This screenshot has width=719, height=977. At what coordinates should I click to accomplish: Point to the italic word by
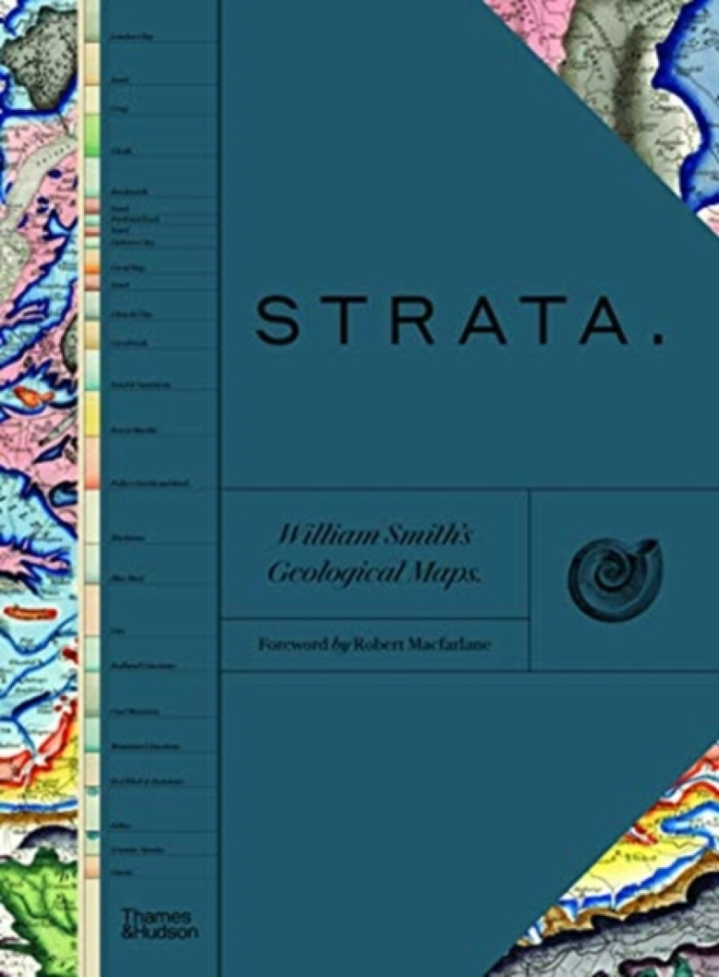pos(340,645)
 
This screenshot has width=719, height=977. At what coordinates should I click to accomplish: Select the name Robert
pos(382,644)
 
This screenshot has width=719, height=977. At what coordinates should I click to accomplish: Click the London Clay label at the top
pos(129,36)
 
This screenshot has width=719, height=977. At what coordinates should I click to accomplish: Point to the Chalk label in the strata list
pos(121,151)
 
